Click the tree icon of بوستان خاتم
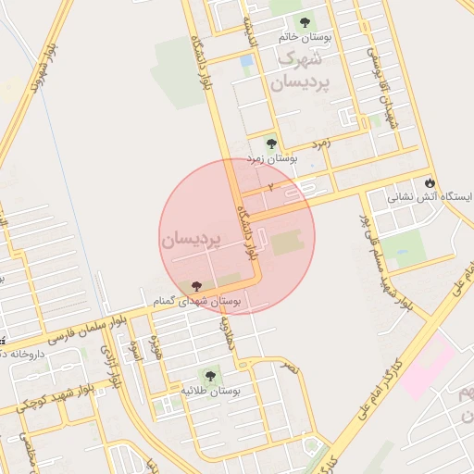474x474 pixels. (x=305, y=22)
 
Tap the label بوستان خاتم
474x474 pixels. (x=305, y=39)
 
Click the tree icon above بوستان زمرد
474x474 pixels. (x=271, y=143)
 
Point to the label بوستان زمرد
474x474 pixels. (x=271, y=160)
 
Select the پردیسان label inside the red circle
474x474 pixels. (x=193, y=241)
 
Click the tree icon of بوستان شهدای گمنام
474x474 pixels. (x=194, y=285)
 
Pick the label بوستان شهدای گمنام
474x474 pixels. (x=196, y=302)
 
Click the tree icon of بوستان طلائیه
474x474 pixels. (x=210, y=376)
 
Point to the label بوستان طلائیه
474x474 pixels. (x=210, y=392)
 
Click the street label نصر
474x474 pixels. (x=292, y=368)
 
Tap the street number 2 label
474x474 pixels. (x=270, y=187)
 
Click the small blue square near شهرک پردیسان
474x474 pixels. (x=246, y=61)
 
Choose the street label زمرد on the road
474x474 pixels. (x=320, y=143)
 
